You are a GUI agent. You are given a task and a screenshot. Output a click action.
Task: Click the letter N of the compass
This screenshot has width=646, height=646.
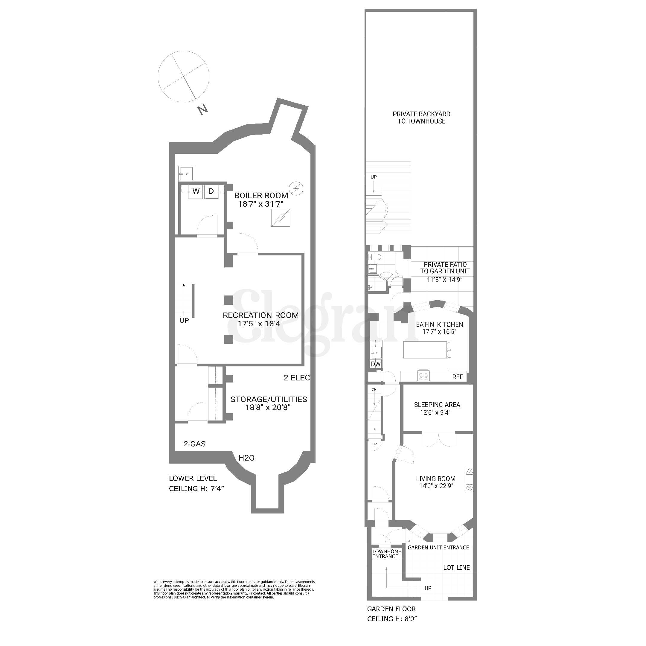203,110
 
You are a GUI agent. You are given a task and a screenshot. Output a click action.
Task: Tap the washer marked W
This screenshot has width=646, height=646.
196,191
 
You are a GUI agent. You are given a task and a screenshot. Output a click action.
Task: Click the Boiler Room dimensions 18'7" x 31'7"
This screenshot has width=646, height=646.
261,204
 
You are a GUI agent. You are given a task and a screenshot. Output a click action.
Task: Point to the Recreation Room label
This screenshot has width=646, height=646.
261,315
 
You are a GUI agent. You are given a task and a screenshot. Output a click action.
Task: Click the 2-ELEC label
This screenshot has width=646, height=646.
297,377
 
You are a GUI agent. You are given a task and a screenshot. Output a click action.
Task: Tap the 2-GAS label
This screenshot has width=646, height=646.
195,444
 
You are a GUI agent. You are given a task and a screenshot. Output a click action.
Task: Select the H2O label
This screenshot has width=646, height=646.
246,458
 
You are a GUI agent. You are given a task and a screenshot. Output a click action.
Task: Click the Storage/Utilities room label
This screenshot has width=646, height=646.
269,399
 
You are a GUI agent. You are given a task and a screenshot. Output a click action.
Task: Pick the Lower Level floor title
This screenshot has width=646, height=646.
193,478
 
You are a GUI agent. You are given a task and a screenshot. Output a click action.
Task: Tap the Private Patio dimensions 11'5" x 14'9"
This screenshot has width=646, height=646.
445,280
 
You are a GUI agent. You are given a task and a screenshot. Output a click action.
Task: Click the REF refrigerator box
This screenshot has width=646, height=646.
457,377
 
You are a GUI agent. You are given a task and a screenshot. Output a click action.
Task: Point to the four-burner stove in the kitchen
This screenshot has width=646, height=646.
423,377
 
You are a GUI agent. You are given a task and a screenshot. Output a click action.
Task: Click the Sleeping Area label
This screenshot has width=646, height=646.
437,405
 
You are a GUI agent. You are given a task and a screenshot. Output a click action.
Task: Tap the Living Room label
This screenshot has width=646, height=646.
436,479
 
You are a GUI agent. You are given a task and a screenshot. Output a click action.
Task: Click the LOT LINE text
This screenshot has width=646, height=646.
456,567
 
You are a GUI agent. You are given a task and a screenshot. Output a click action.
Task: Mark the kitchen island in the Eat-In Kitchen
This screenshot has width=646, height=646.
425,349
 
